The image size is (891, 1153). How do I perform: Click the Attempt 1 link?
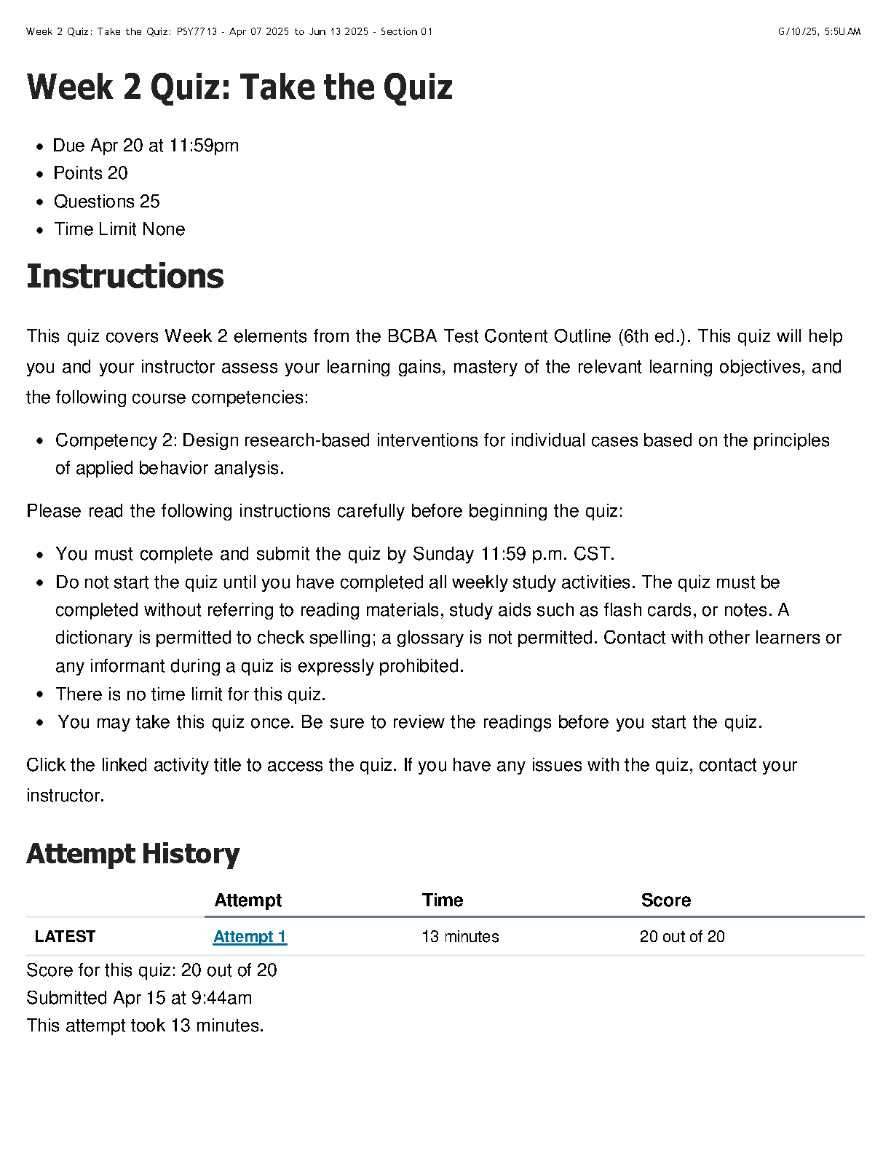coord(250,937)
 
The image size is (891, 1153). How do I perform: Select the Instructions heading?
coord(125,277)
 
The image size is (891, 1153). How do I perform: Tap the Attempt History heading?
coord(133,854)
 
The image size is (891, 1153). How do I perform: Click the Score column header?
coord(665,900)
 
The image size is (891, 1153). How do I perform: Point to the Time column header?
coord(443,900)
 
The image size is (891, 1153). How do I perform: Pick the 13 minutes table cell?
coord(460,937)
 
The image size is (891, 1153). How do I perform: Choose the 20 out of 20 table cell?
coord(682,937)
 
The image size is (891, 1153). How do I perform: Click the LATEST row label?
coord(65,937)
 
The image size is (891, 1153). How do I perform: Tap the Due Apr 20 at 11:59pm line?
coord(146,146)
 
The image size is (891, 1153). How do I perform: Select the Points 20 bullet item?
coord(91,173)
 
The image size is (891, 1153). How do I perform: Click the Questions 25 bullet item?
coord(107,202)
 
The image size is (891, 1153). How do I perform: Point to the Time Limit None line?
coord(119,229)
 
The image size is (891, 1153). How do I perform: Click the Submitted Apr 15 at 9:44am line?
coord(139,998)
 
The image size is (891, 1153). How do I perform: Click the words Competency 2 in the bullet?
coord(116,440)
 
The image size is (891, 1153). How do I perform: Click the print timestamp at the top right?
coord(819,31)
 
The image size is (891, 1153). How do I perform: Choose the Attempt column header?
coord(248,900)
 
